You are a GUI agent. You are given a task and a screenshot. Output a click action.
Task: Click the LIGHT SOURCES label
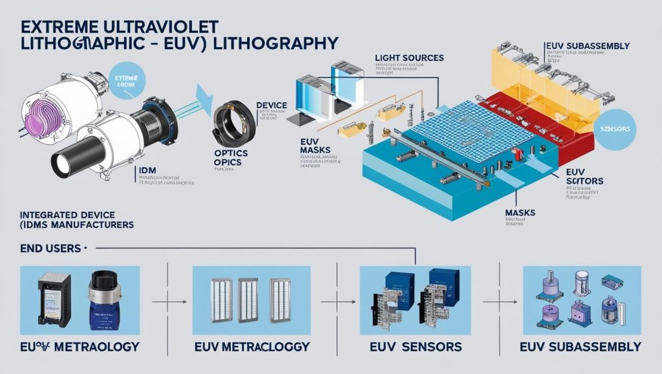pos(409,58)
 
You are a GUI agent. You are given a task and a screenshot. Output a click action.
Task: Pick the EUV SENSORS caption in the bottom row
pos(416,347)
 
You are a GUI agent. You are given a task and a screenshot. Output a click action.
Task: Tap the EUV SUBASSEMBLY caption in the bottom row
pos(580,347)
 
